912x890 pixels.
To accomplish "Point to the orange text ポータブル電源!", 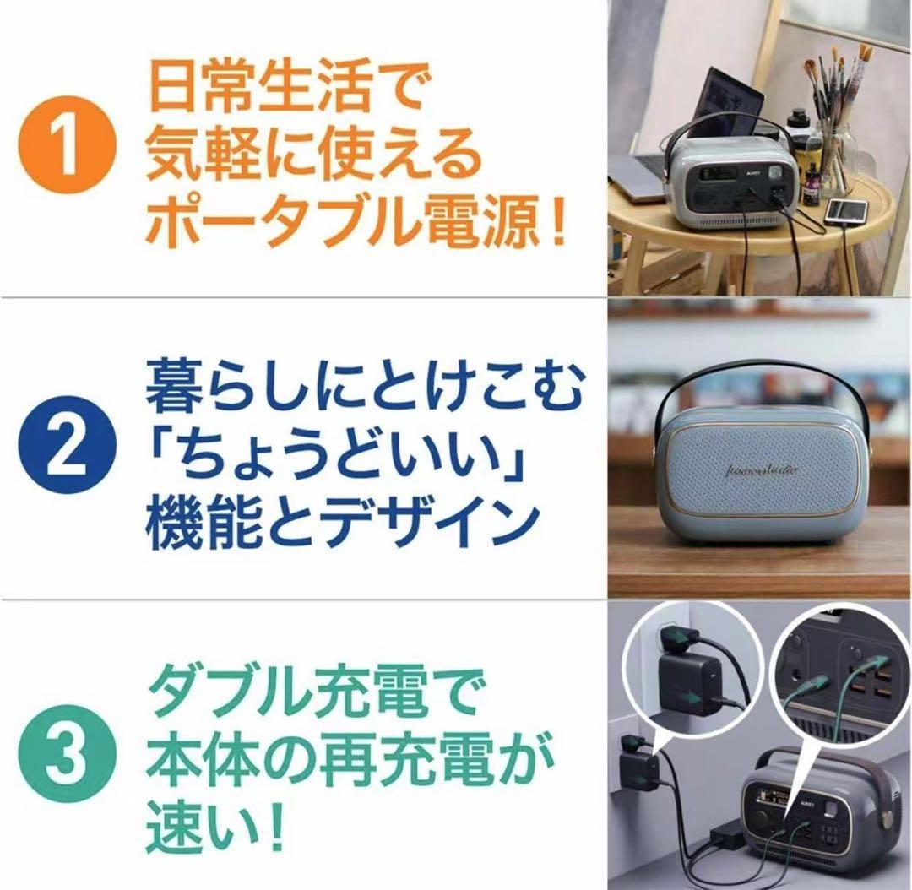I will (355, 225).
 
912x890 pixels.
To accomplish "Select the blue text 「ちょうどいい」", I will (338, 453).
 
